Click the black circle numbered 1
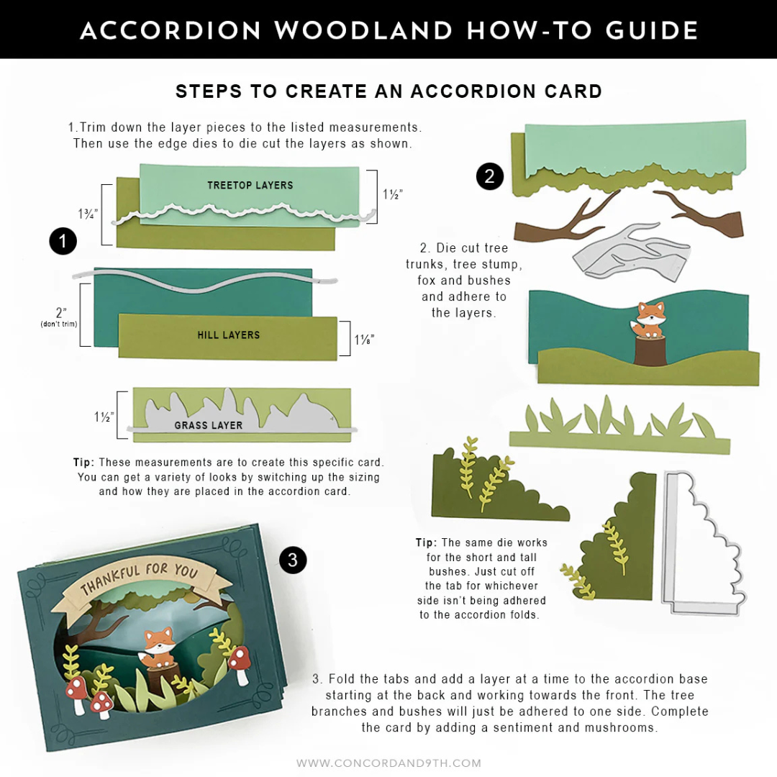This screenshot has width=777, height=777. [63, 241]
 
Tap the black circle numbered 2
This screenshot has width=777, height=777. [490, 176]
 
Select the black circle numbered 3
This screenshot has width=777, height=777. [293, 560]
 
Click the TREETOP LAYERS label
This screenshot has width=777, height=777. [250, 186]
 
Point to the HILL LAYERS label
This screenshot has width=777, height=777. [229, 335]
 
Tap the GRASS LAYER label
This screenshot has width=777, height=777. [208, 425]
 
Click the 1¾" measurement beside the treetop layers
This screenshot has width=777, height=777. [88, 214]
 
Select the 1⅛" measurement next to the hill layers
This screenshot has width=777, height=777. [364, 340]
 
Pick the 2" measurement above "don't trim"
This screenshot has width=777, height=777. [61, 313]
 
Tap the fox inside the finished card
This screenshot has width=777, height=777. [157, 647]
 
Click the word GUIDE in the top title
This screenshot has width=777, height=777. [652, 31]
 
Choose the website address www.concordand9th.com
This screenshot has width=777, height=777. [389, 763]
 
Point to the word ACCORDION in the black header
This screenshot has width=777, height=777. [171, 31]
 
